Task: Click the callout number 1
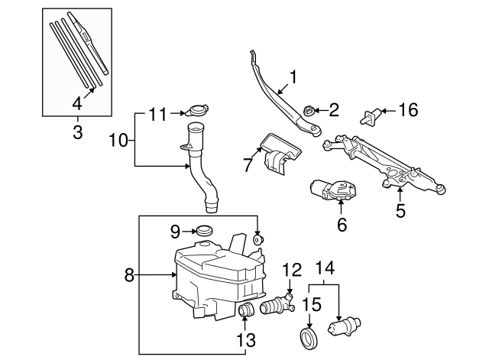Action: tap(291, 76)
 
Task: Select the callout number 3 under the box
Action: tap(77, 133)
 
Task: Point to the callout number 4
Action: tap(77, 103)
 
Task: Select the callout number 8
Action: tap(129, 274)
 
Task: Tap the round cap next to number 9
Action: tap(204, 230)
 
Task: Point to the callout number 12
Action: tap(293, 269)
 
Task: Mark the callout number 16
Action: tap(408, 110)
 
